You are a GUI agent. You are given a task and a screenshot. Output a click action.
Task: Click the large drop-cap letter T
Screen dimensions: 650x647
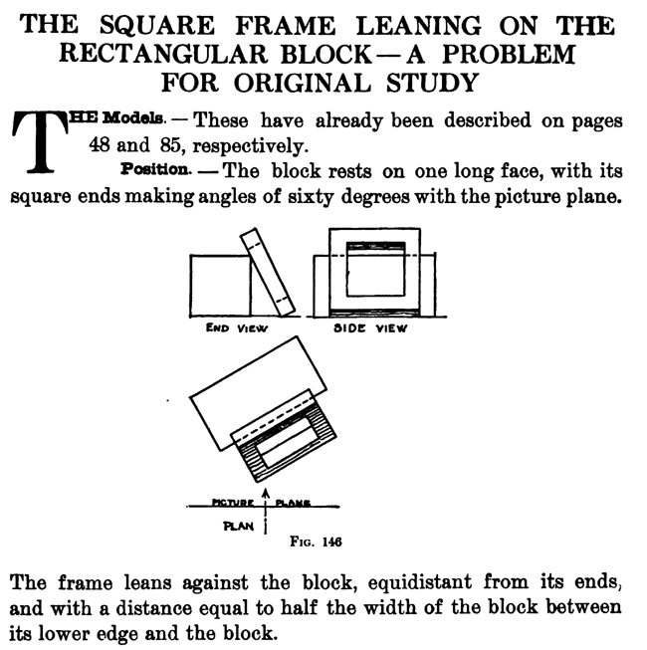[36, 140]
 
